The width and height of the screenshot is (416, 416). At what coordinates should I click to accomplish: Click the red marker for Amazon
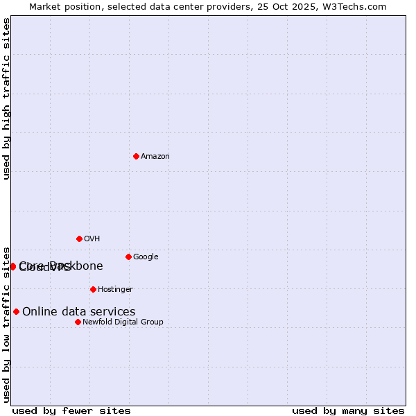pos(136,156)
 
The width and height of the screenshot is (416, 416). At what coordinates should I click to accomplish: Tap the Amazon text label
pos(155,157)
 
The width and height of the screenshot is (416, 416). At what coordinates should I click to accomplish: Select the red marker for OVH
pos(79,239)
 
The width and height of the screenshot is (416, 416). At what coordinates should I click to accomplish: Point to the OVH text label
pos(92,239)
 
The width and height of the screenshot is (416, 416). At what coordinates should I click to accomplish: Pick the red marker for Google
pos(128,257)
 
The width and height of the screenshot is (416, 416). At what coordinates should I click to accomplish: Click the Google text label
pos(146,257)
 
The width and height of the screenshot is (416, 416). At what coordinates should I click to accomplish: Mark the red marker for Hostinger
pos(93,289)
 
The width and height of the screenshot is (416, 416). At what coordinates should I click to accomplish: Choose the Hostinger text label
pos(115,290)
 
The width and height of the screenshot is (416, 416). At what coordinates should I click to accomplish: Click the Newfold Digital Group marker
pos(78,322)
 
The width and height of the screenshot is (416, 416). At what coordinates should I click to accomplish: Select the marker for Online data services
pos(16,311)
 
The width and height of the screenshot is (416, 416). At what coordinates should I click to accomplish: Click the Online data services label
pos(79,312)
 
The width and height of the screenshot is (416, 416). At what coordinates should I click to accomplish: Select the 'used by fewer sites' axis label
pos(71,411)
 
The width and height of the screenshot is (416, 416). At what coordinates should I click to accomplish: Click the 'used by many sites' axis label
pos(348,411)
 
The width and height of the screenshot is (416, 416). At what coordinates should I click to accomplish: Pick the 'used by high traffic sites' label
pos(7,98)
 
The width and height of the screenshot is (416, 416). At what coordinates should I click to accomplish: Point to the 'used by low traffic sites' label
pos(7,324)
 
